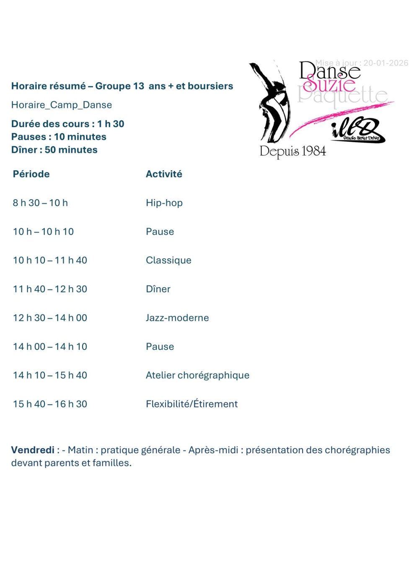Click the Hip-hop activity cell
[x=164, y=203]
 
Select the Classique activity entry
[x=168, y=260]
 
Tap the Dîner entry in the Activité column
[x=158, y=289]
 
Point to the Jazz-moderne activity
[x=177, y=318]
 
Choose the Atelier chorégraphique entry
[x=197, y=375]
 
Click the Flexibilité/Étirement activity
[x=191, y=404]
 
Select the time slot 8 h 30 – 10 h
[x=40, y=203]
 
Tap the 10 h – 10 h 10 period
[x=43, y=231]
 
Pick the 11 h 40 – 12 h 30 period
[x=50, y=289]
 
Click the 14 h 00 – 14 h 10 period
[x=50, y=347]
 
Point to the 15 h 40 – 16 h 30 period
[x=50, y=404]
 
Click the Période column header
[x=31, y=174]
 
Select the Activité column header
[x=164, y=174]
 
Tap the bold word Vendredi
[x=33, y=450]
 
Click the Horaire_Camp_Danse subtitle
[x=62, y=105]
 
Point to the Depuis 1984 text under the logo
[x=292, y=151]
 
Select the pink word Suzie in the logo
[x=329, y=84]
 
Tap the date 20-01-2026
[x=385, y=63]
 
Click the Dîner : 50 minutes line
[x=54, y=150]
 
